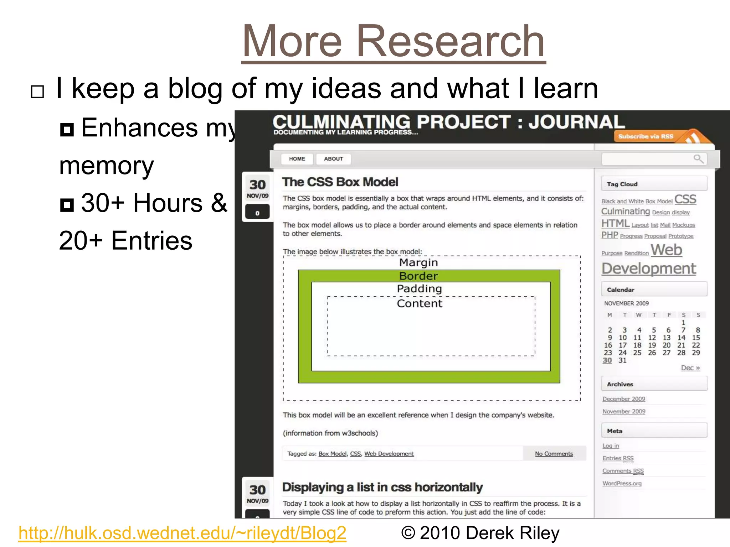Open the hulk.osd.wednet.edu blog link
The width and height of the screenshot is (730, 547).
pos(182,533)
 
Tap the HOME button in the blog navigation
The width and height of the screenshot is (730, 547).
pos(297,159)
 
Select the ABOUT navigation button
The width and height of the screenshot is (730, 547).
pos(333,159)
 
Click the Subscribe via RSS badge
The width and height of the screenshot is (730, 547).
pos(646,136)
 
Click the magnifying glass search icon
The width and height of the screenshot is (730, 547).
pos(698,158)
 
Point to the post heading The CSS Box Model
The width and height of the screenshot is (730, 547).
pos(340,182)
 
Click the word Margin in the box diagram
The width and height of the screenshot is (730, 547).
pos(418,262)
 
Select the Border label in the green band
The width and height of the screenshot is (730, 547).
pos(418,276)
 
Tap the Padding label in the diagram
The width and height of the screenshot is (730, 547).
pos(419,288)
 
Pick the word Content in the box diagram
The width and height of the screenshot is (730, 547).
pos(419,303)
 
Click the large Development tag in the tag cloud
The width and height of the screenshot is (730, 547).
pos(648,269)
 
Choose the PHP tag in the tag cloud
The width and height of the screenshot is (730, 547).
pos(610,235)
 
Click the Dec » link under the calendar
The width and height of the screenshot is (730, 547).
pos(690,368)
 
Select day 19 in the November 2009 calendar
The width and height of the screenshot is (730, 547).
pos(652,345)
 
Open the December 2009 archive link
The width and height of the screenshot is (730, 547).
pos(623,399)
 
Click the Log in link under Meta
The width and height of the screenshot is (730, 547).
pos(611,446)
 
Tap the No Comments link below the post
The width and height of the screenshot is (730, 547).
pos(554,454)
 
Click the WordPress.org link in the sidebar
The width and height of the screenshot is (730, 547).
pos(622,483)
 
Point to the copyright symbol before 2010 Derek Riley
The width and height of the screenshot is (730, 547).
pos(408,533)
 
